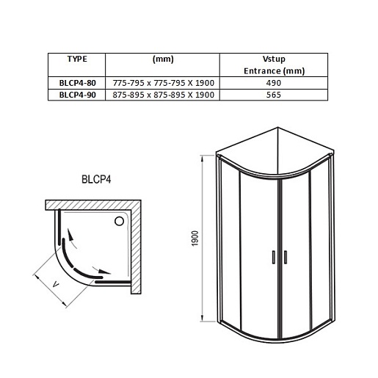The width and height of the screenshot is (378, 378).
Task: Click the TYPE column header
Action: [78, 59]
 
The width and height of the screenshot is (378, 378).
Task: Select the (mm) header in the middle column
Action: [162, 59]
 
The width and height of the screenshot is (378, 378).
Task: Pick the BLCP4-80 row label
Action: [78, 84]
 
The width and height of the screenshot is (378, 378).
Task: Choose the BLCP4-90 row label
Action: [78, 96]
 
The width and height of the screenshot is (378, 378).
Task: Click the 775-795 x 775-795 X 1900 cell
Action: [163, 84]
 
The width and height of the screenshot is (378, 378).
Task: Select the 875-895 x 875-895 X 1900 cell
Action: [163, 96]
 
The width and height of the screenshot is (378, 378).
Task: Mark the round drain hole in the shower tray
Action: [119, 218]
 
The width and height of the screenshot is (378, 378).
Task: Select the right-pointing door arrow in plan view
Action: [103, 272]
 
